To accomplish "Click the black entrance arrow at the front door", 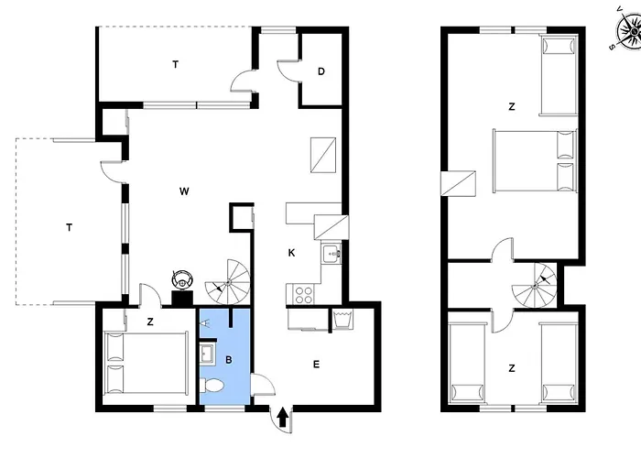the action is pyautogui.click(x=282, y=417).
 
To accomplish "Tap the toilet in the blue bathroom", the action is pyautogui.click(x=212, y=386).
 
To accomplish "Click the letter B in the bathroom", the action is pyautogui.click(x=229, y=360).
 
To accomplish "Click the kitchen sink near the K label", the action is pyautogui.click(x=331, y=255).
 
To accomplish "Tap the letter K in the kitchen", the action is pyautogui.click(x=291, y=253).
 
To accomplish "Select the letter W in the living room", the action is pyautogui.click(x=184, y=191).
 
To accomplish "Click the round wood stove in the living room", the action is pyautogui.click(x=182, y=279).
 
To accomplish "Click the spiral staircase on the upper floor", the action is pyautogui.click(x=534, y=286).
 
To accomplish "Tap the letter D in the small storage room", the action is pyautogui.click(x=321, y=71).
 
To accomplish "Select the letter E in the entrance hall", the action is pyautogui.click(x=317, y=365).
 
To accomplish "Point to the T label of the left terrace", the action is pyautogui.click(x=69, y=227).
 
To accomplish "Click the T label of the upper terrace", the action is pyautogui.click(x=176, y=64).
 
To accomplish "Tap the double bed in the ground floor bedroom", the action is pyautogui.click(x=147, y=364).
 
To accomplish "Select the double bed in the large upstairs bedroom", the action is pyautogui.click(x=535, y=160).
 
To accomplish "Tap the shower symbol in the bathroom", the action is pyautogui.click(x=206, y=322).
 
